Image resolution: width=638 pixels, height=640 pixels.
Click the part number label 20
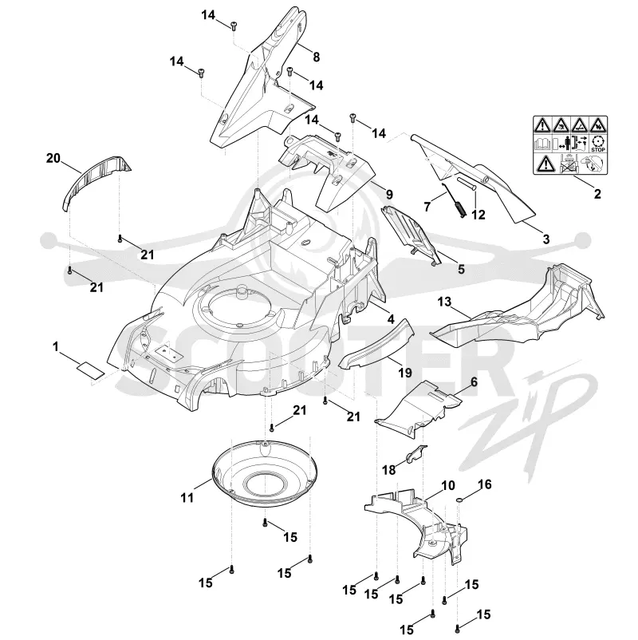point(53,158)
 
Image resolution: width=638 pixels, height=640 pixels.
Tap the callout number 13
point(444,302)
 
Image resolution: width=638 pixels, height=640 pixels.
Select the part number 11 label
point(187,497)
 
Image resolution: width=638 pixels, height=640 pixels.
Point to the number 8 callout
point(316,57)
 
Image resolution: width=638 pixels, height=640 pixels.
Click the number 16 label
point(484,484)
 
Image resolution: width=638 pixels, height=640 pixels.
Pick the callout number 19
point(404,373)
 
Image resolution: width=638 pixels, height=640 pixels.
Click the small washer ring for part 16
point(459,500)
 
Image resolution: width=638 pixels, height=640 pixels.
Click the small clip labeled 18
point(415,454)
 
